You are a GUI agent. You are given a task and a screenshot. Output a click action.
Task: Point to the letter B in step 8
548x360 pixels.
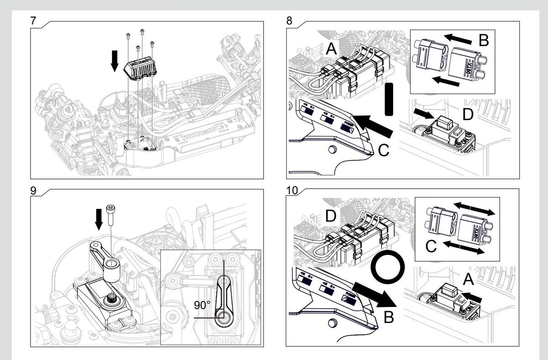point(483,40)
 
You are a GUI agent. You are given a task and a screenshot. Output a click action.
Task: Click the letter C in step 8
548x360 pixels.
point(384,149)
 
